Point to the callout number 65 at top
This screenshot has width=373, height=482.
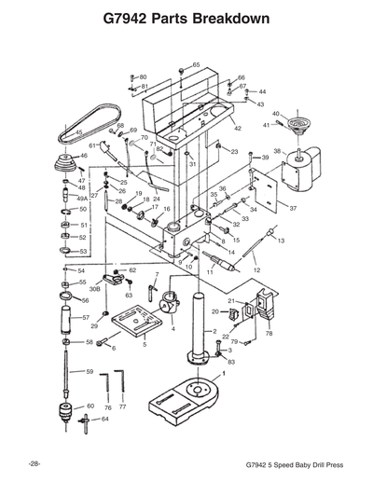(x=195, y=64)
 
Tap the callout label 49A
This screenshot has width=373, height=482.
(x=82, y=199)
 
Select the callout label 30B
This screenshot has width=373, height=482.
(x=94, y=290)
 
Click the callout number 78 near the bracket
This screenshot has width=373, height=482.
(x=269, y=333)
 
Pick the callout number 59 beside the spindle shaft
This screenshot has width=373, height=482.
(x=90, y=372)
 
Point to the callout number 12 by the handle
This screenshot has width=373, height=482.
(x=256, y=270)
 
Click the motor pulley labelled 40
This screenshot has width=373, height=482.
(x=298, y=124)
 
